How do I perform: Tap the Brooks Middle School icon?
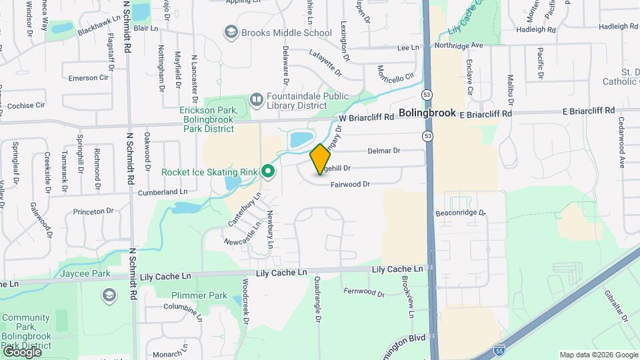[231, 32]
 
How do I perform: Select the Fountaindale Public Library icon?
[256, 99]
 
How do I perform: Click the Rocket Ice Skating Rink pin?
[268, 172]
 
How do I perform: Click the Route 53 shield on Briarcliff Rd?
[426, 136]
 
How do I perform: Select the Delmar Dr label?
[383, 151]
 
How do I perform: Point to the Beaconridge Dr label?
[460, 213]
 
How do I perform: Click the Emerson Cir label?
[88, 78]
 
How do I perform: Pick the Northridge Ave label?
[457, 45]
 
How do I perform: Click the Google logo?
[21, 352]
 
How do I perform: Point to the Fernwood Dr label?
[364, 291]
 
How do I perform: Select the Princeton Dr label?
[98, 211]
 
